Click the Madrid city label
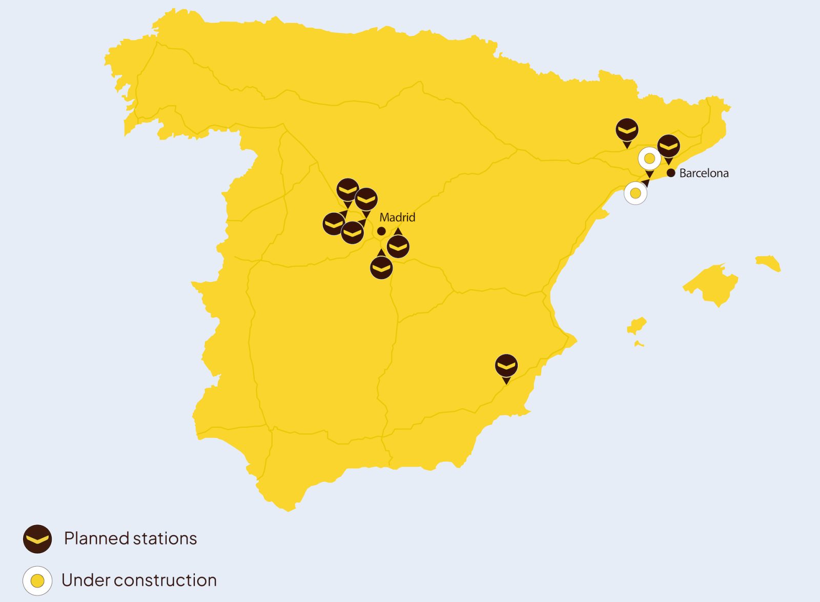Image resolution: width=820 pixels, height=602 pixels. pyautogui.click(x=397, y=217)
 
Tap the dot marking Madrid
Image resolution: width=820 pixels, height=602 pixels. pyautogui.click(x=381, y=231)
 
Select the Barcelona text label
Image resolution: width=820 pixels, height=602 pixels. pyautogui.click(x=704, y=173)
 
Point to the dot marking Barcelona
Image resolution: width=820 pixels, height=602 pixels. pyautogui.click(x=671, y=173)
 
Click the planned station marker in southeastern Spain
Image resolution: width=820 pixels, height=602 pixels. pyautogui.click(x=506, y=366)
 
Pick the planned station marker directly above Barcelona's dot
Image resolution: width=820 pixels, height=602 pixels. pyautogui.click(x=668, y=147)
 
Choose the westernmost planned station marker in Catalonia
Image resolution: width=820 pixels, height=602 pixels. pyautogui.click(x=627, y=130)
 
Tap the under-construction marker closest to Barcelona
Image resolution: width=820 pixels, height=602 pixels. pyautogui.click(x=649, y=158)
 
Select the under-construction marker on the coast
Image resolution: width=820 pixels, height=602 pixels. pyautogui.click(x=635, y=193)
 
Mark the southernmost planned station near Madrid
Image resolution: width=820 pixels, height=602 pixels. pyautogui.click(x=381, y=267)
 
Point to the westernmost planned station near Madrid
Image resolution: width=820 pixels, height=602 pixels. pyautogui.click(x=334, y=224)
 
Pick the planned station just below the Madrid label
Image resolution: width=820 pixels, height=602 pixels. pyautogui.click(x=398, y=247)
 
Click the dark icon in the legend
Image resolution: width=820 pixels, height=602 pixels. pyautogui.click(x=37, y=539)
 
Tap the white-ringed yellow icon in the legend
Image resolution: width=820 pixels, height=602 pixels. pyautogui.click(x=37, y=580)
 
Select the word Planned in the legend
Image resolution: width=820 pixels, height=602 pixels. pyautogui.click(x=96, y=538)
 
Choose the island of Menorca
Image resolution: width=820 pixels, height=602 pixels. pyautogui.click(x=769, y=263)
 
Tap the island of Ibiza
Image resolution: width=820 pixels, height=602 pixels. pyautogui.click(x=637, y=326)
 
